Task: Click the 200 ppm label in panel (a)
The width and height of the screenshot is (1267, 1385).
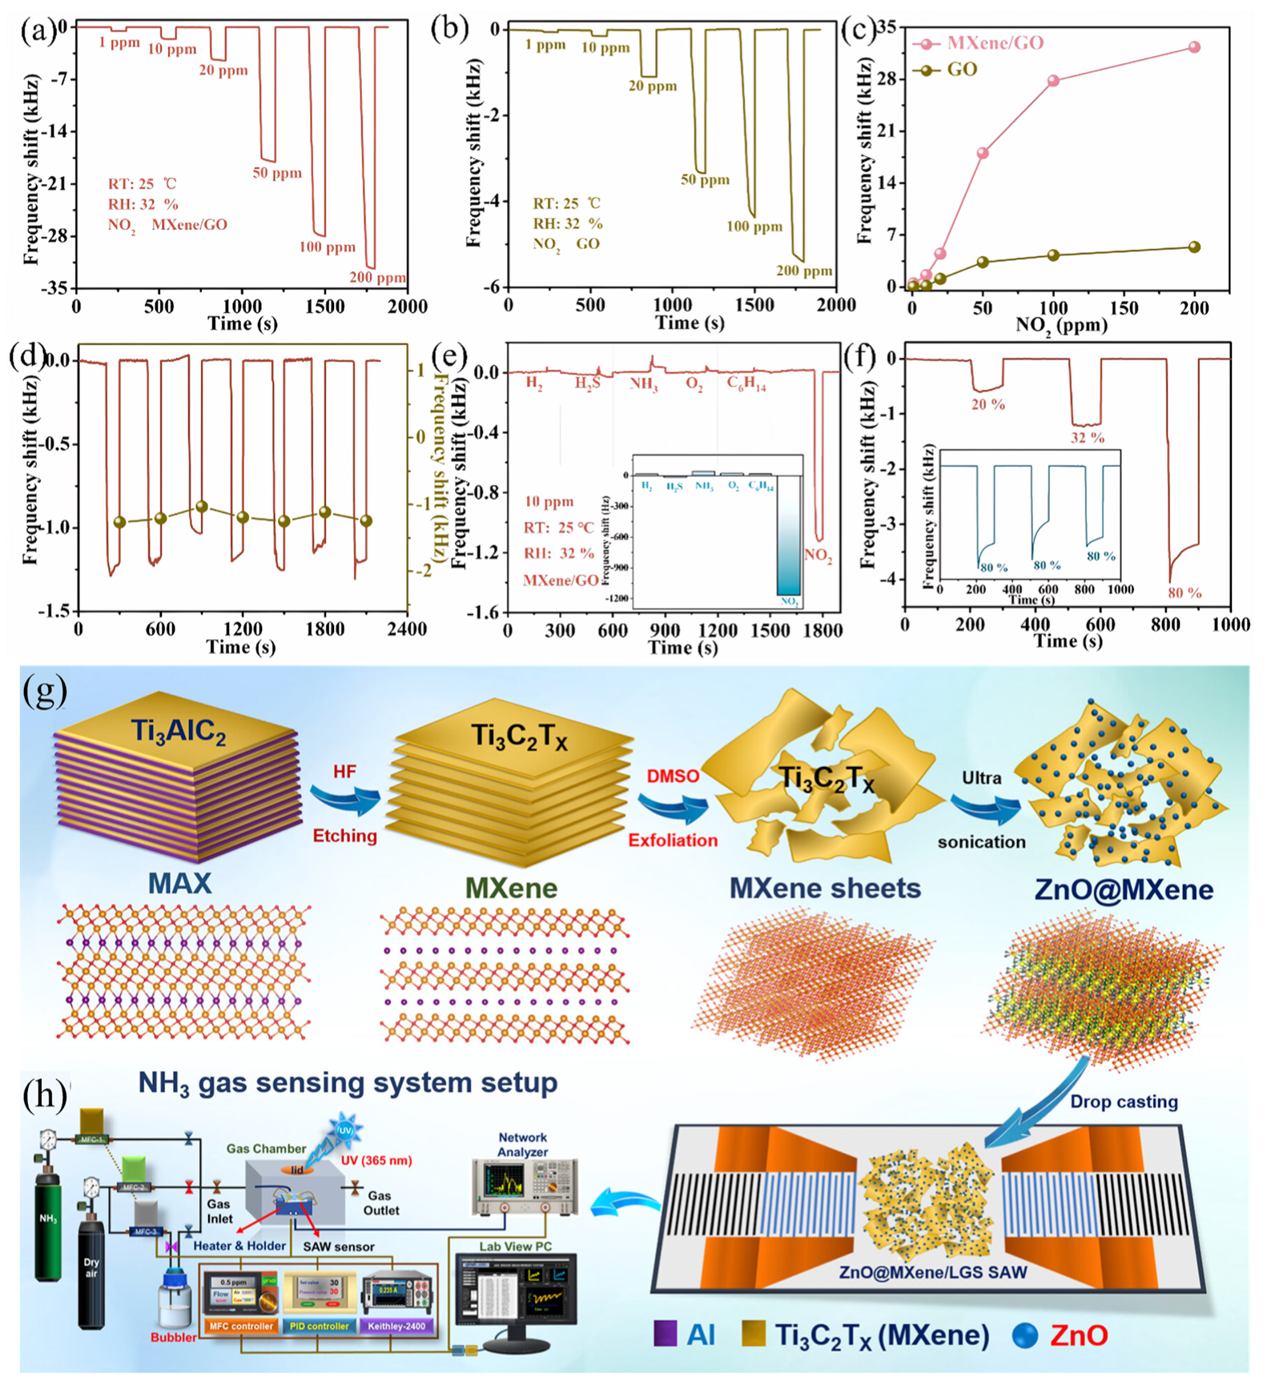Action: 377,279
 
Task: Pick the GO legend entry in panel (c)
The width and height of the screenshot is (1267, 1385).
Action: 961,70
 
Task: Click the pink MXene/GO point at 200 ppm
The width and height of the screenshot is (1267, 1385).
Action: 1194,47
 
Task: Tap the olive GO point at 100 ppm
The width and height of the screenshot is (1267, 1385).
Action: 1053,255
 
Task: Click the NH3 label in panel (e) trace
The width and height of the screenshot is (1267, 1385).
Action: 643,384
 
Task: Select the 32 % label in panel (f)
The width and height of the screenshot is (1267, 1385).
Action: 1087,438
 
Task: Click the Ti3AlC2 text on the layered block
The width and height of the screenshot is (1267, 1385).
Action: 178,732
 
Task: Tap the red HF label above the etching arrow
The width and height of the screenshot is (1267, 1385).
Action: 344,772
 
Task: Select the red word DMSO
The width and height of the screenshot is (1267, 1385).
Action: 673,777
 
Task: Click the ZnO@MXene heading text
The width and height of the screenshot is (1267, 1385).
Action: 1124,889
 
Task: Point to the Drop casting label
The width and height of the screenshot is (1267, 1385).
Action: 1124,1102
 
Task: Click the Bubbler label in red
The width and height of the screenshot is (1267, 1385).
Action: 174,1338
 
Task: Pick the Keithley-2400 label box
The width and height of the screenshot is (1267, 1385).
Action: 396,1327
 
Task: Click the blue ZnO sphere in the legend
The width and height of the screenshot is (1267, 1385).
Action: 1025,1335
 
